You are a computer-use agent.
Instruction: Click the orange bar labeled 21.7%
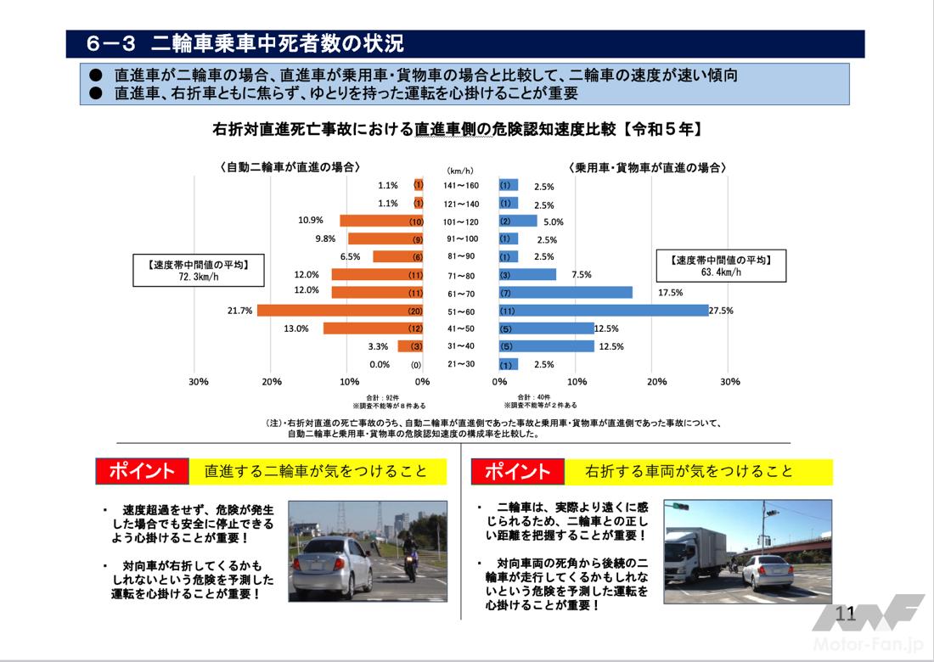click(340, 311)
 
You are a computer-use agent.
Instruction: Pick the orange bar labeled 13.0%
click(374, 328)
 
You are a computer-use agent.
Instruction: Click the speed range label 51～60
click(460, 311)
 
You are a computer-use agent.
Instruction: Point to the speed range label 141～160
click(460, 186)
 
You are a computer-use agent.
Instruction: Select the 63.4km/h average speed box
click(723, 266)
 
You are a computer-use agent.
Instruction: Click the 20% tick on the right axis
click(656, 382)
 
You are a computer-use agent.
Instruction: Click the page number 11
click(845, 614)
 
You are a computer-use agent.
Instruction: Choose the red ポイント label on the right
click(517, 472)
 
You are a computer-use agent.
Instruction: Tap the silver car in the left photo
click(331, 567)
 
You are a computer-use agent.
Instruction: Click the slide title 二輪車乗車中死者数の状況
click(275, 43)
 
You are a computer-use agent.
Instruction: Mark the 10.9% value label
click(311, 221)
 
